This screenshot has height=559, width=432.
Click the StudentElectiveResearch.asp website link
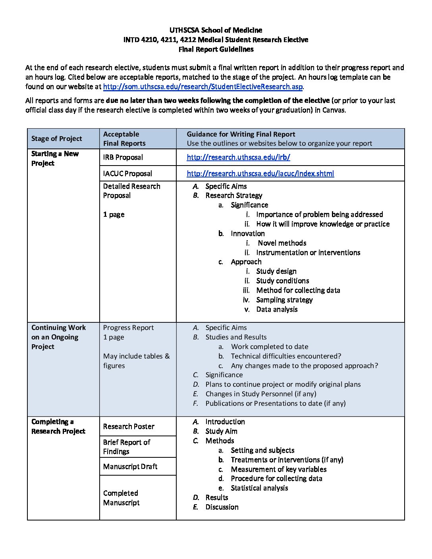pos(203,87)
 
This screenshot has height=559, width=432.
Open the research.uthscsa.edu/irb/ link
pos(238,157)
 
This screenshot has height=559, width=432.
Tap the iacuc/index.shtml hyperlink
pos(260,173)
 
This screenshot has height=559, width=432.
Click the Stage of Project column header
pos(57,139)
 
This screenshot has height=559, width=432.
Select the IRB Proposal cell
pos(123,157)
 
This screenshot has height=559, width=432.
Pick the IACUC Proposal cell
pos(127,173)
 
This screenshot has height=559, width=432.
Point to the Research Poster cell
pos(129,426)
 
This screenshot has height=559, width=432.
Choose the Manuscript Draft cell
pos(130,466)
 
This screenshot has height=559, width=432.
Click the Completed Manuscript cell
pos(121,498)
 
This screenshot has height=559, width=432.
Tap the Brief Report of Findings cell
pos(127,447)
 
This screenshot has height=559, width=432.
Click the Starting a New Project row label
pos(55,158)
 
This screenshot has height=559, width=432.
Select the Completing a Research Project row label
pos(58,426)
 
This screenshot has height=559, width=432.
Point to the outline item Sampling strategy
pos(284,300)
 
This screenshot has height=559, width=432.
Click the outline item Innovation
pos(247,233)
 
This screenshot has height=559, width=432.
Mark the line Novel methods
pos(282,243)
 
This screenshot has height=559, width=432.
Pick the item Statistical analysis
pos(259,488)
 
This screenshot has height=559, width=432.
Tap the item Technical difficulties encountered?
pos(286,356)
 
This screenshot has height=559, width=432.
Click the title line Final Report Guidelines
pos(216,49)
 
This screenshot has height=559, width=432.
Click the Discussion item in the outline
pos(222,507)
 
